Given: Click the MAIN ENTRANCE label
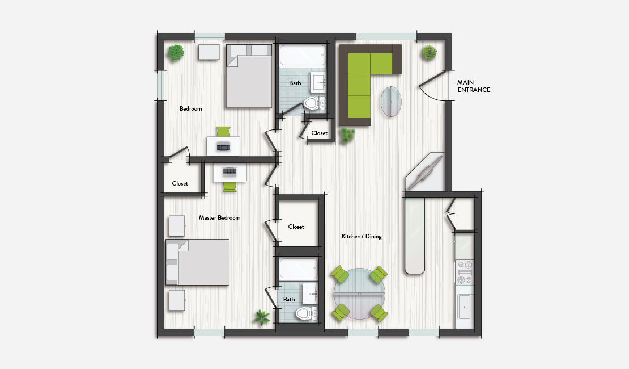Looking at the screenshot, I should coord(474,86).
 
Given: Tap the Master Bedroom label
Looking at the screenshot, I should coord(219,217).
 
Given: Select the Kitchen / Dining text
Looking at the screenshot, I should coord(362,236).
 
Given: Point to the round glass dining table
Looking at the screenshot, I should coord(360,293).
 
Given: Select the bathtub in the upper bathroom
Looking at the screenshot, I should coord(303,57).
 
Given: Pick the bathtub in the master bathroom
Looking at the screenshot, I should coord(298,269).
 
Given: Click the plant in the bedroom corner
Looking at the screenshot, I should coord(176,53).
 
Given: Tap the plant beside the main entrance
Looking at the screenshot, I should coord(429,53).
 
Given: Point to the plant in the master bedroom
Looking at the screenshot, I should coord(262,317).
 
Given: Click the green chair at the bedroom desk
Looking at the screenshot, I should coord(223,132).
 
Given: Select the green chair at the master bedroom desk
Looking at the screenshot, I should coord(229,186).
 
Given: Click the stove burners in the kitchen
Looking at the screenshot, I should coord(465,272).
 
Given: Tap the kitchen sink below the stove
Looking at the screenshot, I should coord(465,307).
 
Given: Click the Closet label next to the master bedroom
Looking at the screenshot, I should coord(296,227).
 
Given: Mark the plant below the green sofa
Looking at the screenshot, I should coord(346,135).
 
